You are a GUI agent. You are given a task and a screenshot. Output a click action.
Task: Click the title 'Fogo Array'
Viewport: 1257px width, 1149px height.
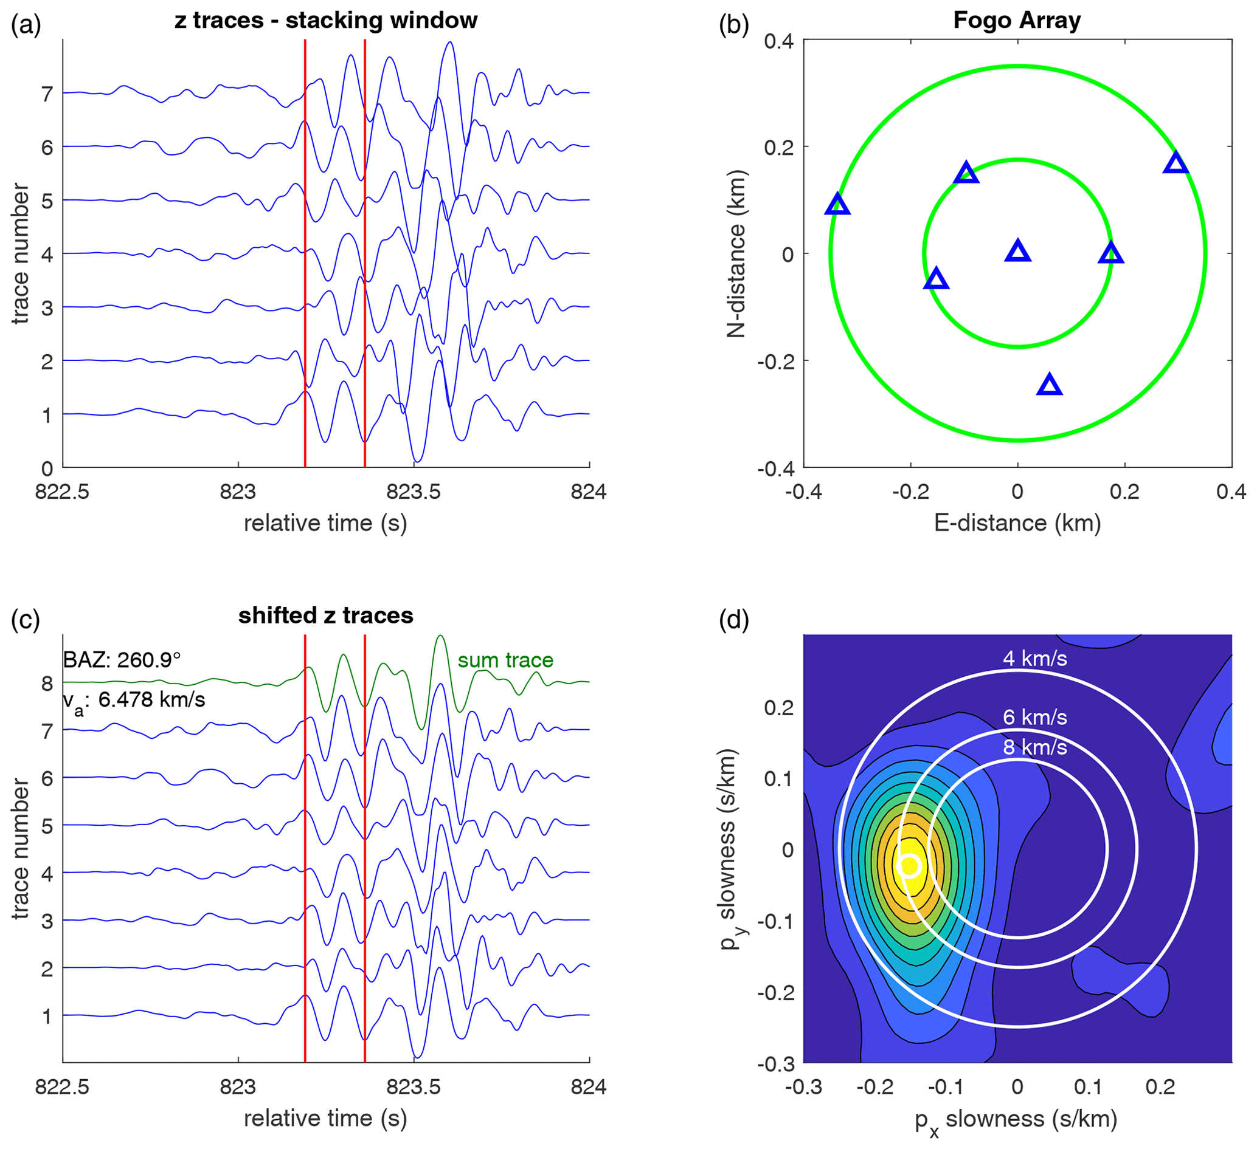tap(1017, 21)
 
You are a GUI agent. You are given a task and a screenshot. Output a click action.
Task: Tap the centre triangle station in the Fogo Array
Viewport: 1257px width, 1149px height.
tap(1017, 251)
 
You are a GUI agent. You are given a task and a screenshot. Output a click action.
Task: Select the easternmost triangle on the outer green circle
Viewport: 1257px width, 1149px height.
tap(1176, 163)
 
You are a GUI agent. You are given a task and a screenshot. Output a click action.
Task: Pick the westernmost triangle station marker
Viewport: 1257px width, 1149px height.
tap(837, 204)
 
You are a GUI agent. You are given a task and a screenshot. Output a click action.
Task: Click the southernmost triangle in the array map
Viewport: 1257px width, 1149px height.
tap(1050, 385)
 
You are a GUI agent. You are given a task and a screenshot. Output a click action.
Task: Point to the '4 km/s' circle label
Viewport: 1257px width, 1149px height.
tap(1035, 659)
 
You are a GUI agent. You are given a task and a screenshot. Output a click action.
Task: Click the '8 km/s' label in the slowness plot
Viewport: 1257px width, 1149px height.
tap(1035, 747)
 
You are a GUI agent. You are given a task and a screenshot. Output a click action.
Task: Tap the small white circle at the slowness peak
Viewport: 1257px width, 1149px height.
tap(910, 865)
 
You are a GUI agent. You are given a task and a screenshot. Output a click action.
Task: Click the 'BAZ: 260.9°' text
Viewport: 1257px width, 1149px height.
tap(122, 660)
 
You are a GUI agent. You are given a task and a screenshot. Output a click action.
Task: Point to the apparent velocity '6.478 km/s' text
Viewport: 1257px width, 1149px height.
tap(151, 700)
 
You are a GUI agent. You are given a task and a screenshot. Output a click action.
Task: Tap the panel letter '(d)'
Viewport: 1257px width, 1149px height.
tap(733, 620)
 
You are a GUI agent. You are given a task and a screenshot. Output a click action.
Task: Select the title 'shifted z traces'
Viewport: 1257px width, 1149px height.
tap(325, 616)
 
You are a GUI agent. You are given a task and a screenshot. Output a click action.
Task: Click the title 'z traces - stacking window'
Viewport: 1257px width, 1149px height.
tap(325, 21)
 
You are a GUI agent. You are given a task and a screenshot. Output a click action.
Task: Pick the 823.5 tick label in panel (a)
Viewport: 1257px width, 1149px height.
tap(414, 492)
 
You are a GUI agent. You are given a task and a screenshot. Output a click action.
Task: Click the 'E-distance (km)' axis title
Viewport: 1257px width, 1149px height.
tap(1017, 523)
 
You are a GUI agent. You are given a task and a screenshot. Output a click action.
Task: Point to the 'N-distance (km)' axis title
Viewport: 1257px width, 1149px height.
tap(736, 253)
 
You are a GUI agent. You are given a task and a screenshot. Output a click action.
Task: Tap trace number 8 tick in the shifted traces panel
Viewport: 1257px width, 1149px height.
tap(47, 684)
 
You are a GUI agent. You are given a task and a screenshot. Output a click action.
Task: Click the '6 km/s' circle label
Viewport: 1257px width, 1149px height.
tap(1035, 718)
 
